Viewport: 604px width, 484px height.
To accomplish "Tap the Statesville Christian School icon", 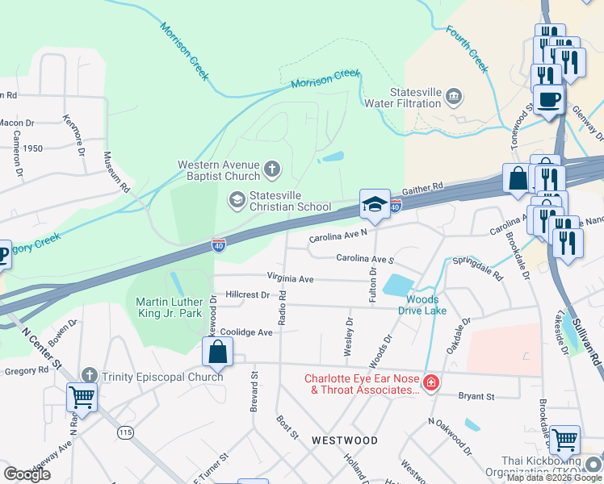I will tap(237, 199).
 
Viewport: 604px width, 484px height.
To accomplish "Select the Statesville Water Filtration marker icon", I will tap(454, 98).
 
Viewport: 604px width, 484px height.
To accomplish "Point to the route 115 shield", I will tap(125, 432).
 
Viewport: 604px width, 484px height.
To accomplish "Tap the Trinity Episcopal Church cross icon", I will tap(89, 376).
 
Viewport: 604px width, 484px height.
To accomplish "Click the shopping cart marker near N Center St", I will tap(82, 396).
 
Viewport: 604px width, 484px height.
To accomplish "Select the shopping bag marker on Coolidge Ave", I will tap(217, 351).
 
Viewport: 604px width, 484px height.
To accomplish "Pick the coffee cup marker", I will tap(549, 100).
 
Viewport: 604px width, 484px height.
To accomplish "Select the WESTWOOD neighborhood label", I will tap(345, 440).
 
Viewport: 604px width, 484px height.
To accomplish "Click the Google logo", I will tap(27, 474).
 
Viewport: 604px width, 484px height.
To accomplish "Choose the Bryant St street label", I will tap(476, 396).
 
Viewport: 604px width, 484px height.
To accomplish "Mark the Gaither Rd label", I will tap(425, 187).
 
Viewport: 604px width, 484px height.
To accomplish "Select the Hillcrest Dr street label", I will tap(247, 295).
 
